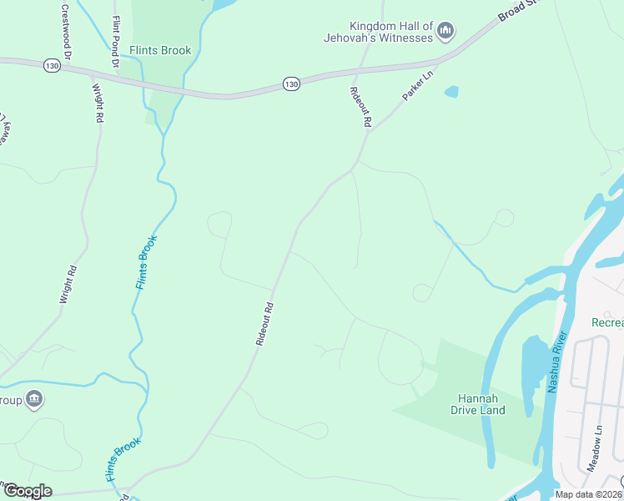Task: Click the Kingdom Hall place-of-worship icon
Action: coord(445,32)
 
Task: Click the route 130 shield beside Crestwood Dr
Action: coord(52,65)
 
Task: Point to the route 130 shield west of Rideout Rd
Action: coord(290,83)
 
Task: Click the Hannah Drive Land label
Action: coord(478,404)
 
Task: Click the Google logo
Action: coord(27,491)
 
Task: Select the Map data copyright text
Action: coord(589,494)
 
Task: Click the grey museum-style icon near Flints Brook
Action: coord(34,399)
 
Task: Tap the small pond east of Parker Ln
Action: coord(451,92)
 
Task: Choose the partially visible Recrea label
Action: coord(606,322)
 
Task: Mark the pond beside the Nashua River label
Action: coord(532,367)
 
